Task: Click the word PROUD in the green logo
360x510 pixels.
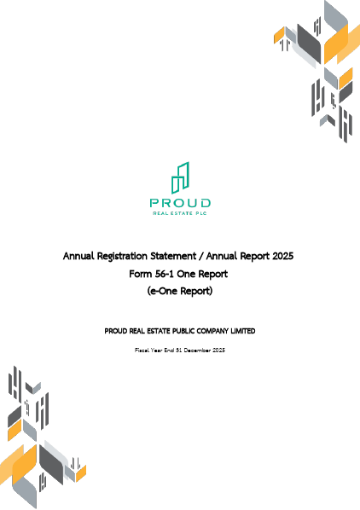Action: pyautogui.click(x=179, y=203)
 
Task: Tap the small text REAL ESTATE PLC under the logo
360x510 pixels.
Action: pyautogui.click(x=179, y=213)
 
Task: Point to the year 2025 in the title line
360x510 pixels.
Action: pyautogui.click(x=282, y=256)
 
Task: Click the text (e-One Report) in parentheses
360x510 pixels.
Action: pyautogui.click(x=179, y=292)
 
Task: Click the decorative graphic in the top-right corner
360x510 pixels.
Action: pyautogui.click(x=320, y=68)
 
